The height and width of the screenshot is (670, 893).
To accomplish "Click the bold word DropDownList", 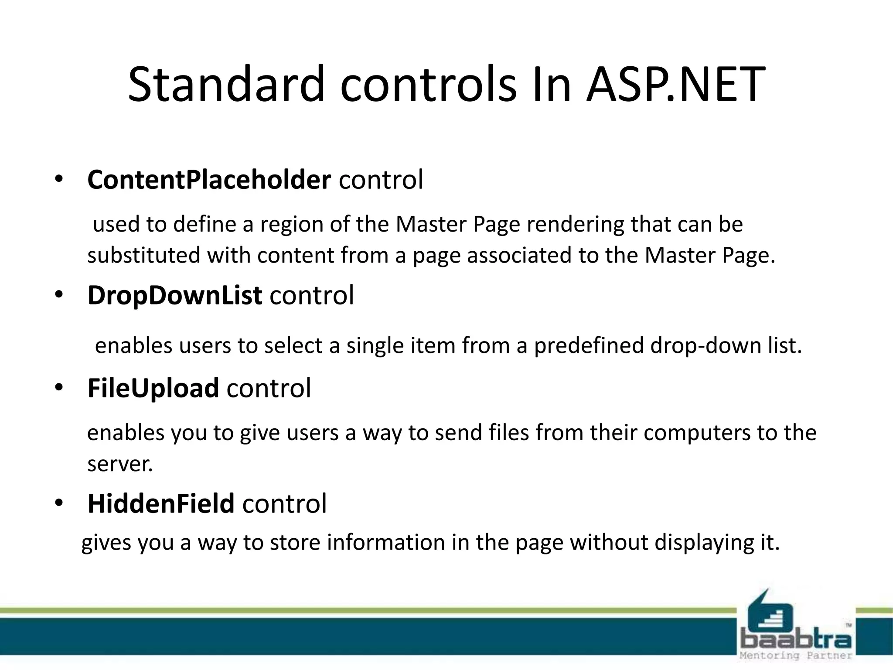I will [175, 295].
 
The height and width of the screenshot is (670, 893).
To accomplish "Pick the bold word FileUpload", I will [153, 388].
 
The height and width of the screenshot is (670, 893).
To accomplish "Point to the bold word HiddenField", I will [161, 503].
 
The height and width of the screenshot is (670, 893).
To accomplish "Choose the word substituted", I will [144, 255].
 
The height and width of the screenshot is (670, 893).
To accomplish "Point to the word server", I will [120, 464].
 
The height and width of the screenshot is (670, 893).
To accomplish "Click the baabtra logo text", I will [796, 640].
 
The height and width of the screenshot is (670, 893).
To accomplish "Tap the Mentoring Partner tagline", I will [796, 656].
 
